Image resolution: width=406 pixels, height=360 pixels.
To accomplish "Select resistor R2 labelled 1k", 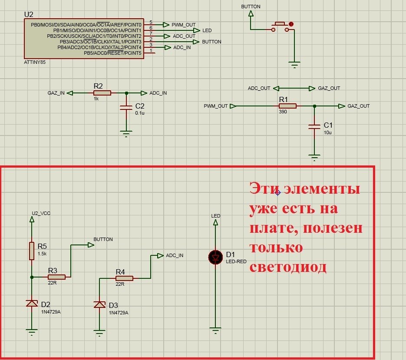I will [x=102, y=93].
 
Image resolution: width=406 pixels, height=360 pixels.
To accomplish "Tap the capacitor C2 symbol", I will [x=126, y=109].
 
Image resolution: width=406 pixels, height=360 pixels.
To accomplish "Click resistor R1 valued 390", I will [x=287, y=106].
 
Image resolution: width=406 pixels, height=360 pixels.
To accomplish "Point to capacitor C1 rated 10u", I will [x=314, y=127].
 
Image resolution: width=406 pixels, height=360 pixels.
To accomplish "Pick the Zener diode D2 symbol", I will [x=32, y=303].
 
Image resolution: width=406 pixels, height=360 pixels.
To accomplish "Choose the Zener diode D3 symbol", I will [x=100, y=304].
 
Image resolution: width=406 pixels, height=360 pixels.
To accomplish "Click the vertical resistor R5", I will [x=32, y=251].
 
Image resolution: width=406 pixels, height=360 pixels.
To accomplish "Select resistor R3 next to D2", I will [x=56, y=277].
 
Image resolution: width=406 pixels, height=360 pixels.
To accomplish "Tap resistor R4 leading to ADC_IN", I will [x=124, y=278].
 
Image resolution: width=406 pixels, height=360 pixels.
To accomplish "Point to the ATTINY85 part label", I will [x=35, y=62].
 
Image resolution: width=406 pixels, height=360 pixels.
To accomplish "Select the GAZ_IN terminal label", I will [x=56, y=93].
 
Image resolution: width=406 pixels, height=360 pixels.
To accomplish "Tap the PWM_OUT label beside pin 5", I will [x=184, y=25].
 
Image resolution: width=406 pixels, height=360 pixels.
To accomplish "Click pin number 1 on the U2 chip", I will [x=151, y=50].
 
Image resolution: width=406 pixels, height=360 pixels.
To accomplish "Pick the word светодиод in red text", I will [x=287, y=267].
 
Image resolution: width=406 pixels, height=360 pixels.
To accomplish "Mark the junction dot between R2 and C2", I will [x=126, y=93].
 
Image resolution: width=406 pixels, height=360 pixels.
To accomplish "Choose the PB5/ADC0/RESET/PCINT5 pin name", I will [x=113, y=53].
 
